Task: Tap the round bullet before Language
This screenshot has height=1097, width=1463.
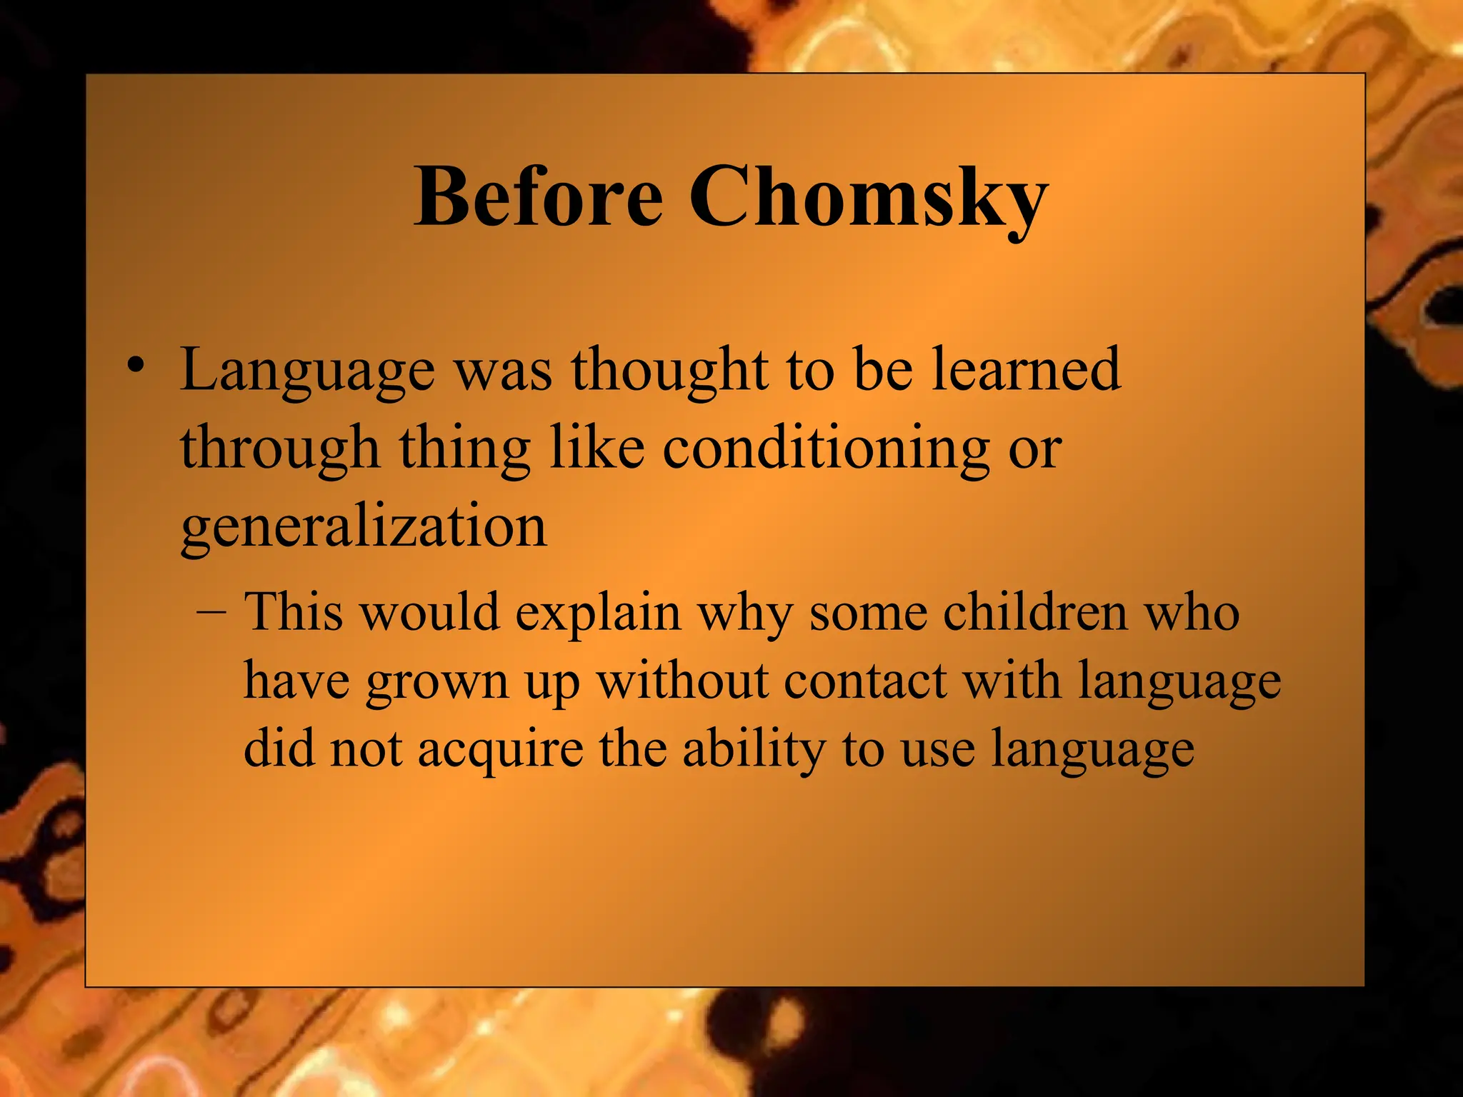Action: pyautogui.click(x=134, y=366)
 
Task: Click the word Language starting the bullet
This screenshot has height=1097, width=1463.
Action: pyautogui.click(x=307, y=371)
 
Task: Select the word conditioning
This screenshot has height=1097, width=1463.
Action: pyautogui.click(x=826, y=450)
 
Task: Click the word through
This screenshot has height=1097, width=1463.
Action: pyautogui.click(x=279, y=450)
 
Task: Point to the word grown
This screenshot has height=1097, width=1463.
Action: pyautogui.click(x=436, y=683)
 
